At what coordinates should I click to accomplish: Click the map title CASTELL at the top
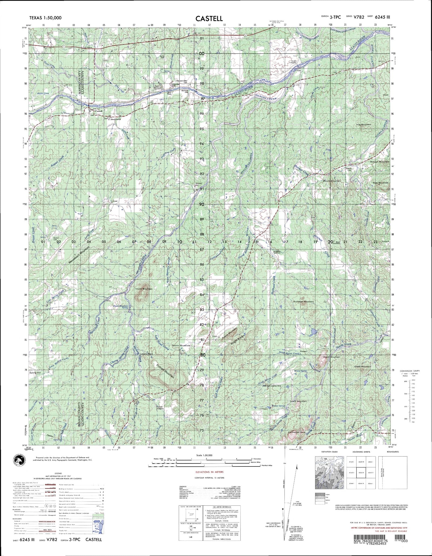209,18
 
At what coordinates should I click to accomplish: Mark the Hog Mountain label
364,124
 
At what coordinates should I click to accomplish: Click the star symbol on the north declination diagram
283,509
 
